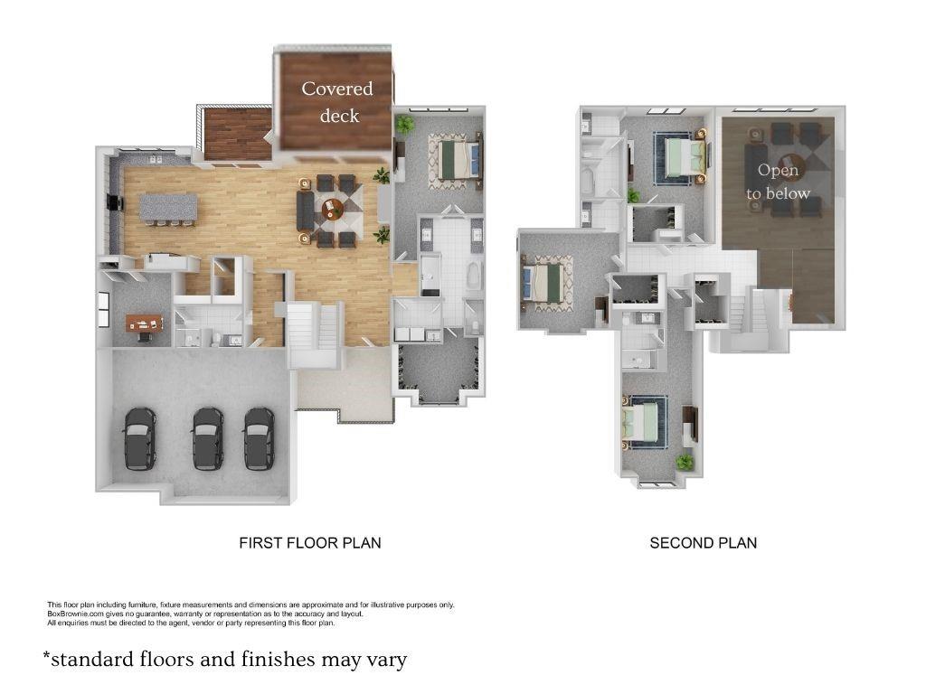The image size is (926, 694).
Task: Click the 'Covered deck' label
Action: click(x=336, y=101)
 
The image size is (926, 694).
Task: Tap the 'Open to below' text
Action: click(x=778, y=182)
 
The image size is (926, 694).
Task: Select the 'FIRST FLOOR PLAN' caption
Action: click(x=309, y=543)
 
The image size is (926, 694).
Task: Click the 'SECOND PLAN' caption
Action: click(x=703, y=543)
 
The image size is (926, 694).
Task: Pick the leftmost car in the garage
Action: click(x=139, y=437)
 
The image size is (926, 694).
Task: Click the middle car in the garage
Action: click(x=207, y=437)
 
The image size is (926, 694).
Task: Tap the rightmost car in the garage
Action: click(x=260, y=437)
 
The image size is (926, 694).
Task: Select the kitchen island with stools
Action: click(x=167, y=209)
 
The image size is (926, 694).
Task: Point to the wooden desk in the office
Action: click(x=142, y=323)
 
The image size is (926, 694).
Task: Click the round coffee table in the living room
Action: click(x=332, y=210)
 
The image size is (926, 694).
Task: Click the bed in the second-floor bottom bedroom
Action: click(x=644, y=423)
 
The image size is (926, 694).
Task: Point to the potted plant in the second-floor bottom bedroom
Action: click(x=685, y=462)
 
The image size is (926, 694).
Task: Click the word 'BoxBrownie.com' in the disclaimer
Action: click(x=71, y=614)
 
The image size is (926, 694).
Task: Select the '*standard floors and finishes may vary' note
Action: click(x=225, y=660)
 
